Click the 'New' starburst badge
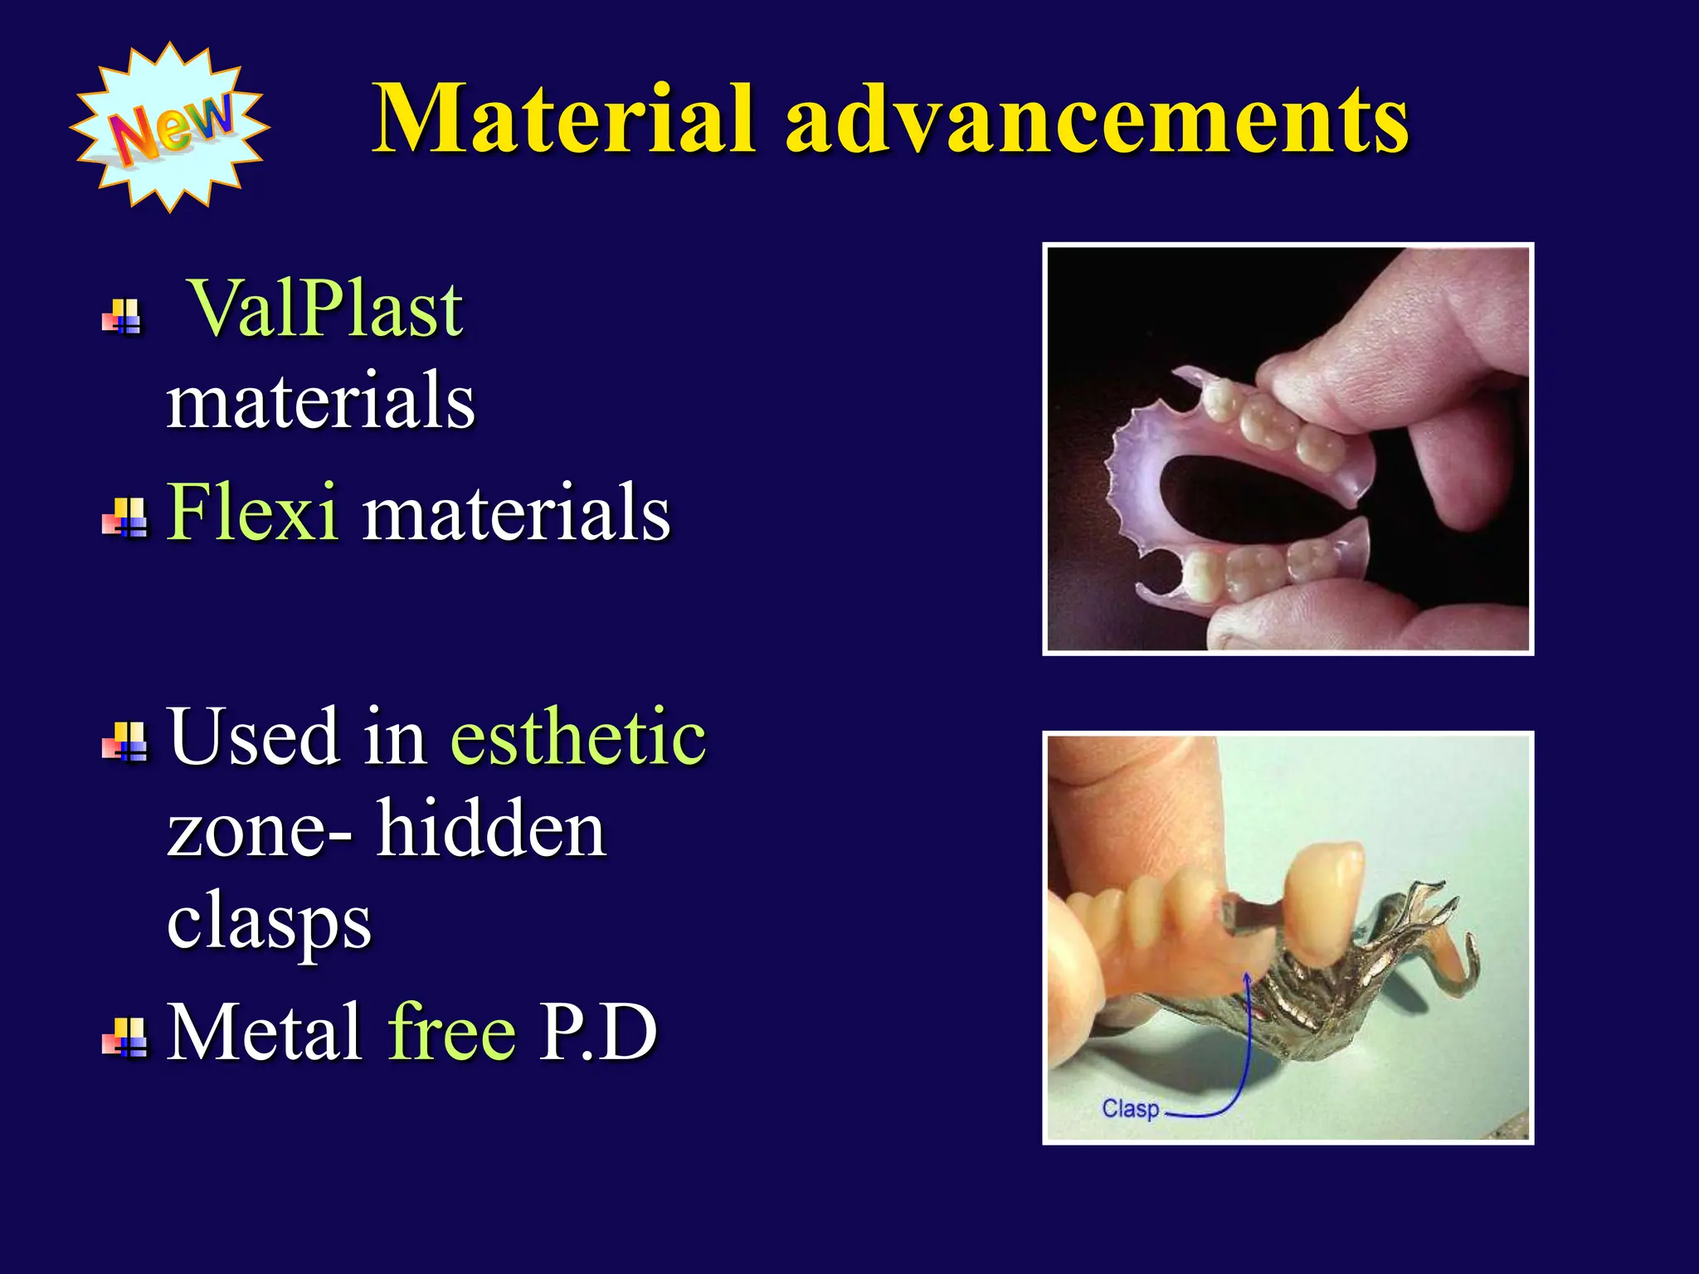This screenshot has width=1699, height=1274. click(x=170, y=127)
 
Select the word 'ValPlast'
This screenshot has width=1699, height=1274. click(x=326, y=309)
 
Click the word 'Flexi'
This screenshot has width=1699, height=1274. click(x=252, y=512)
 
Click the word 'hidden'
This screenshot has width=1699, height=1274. click(x=491, y=829)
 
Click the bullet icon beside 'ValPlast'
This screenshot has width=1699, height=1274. click(x=124, y=317)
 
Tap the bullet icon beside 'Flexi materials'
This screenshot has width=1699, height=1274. click(x=124, y=518)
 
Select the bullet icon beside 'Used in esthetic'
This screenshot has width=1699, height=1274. click(x=124, y=742)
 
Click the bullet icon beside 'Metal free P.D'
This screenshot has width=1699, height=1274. click(x=124, y=1037)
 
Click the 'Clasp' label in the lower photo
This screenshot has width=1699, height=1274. click(x=1130, y=1109)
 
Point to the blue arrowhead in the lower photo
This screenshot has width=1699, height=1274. click(x=1246, y=981)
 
